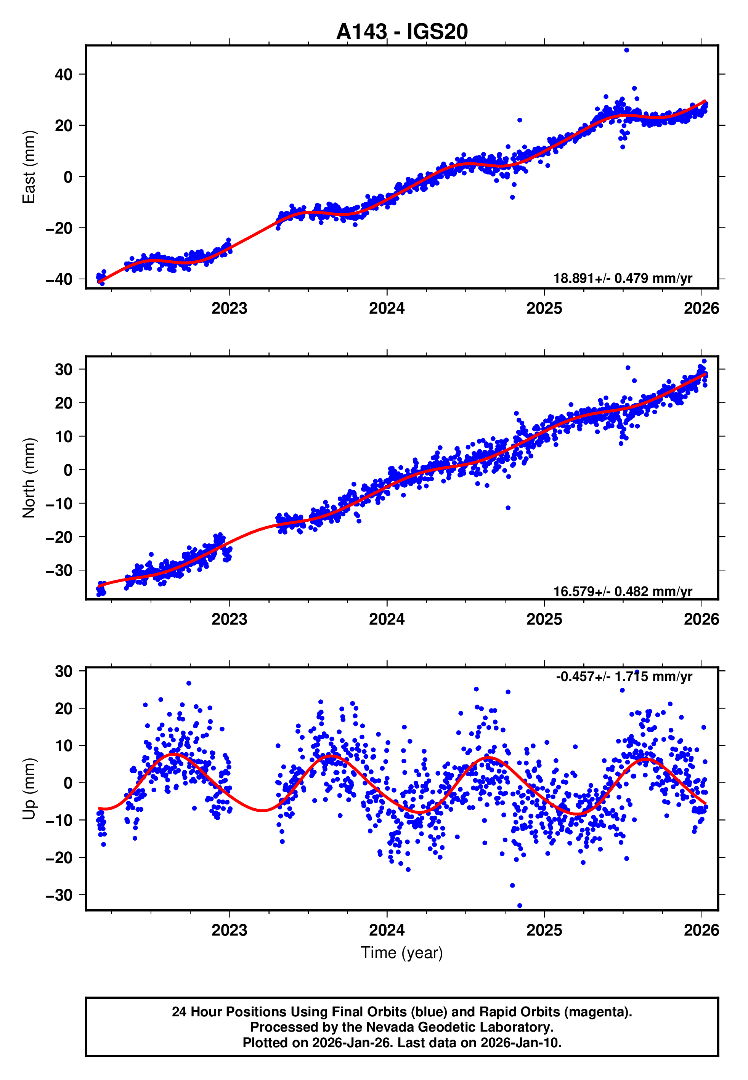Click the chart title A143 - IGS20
pyautogui.click(x=402, y=32)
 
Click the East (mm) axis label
pyautogui.click(x=29, y=167)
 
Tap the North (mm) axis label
pyautogui.click(x=29, y=478)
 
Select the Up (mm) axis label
pyautogui.click(x=29, y=789)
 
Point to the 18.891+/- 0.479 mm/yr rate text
pyautogui.click(x=623, y=278)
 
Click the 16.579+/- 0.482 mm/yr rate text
pyautogui.click(x=623, y=591)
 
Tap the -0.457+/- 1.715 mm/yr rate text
pyautogui.click(x=624, y=676)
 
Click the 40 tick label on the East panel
pyautogui.click(x=64, y=74)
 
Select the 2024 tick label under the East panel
pyautogui.click(x=387, y=308)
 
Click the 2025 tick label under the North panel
pyautogui.click(x=544, y=619)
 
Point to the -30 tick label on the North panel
pyautogui.click(x=59, y=570)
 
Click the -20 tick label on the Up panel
pyautogui.click(x=59, y=857)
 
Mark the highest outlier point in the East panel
pyautogui.click(x=627, y=50)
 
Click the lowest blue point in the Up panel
pyautogui.click(x=519, y=906)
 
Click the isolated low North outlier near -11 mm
pyautogui.click(x=508, y=508)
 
